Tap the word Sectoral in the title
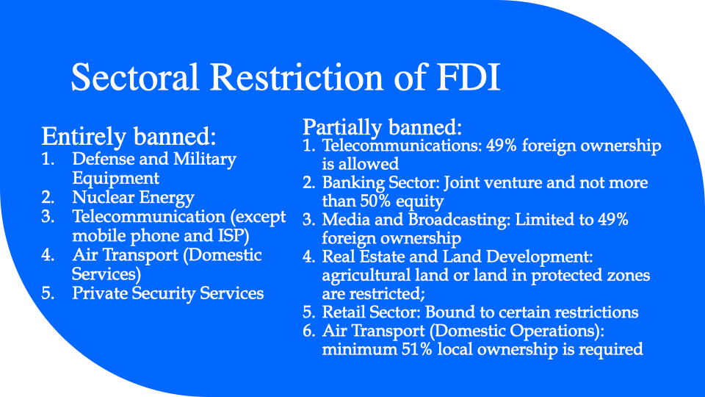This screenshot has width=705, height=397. (134, 77)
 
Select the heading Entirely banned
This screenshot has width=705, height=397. (129, 137)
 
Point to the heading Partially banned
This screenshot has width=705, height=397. (382, 127)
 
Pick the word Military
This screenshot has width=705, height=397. (205, 160)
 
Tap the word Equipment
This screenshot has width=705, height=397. (115, 179)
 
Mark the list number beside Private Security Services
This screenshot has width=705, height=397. (47, 293)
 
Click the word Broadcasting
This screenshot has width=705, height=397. (460, 220)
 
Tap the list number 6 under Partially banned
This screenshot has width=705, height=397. (308, 331)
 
